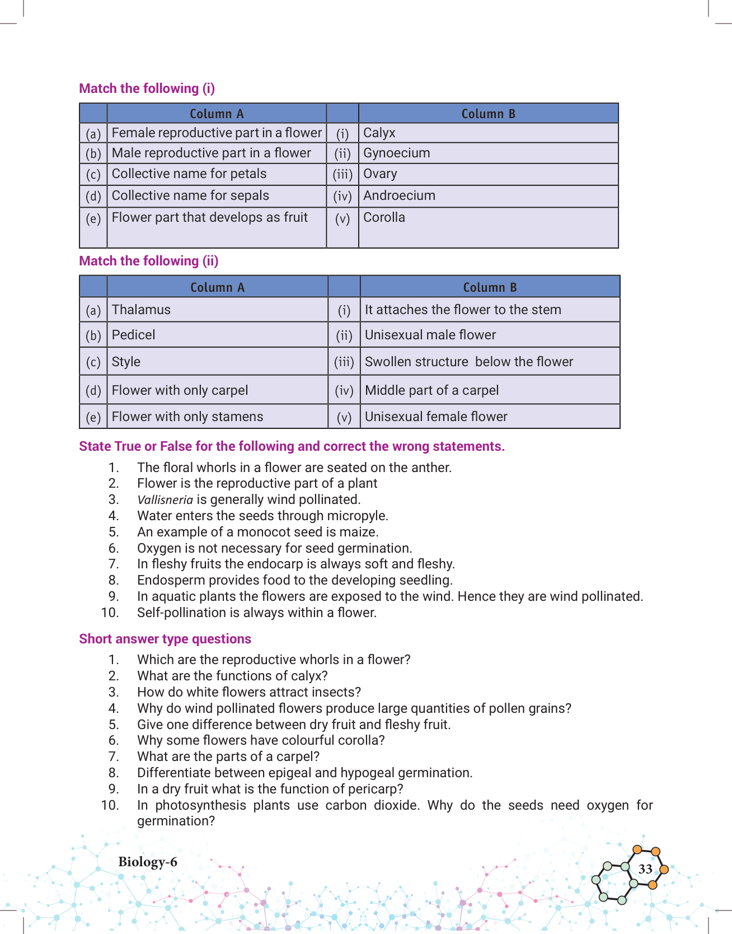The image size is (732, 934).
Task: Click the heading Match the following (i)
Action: point(147,88)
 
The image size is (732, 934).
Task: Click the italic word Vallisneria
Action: point(165,500)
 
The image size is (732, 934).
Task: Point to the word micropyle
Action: point(360,516)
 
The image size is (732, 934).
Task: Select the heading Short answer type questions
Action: point(165,639)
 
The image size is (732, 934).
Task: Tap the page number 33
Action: point(645,869)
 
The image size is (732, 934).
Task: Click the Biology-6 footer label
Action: point(148,862)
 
